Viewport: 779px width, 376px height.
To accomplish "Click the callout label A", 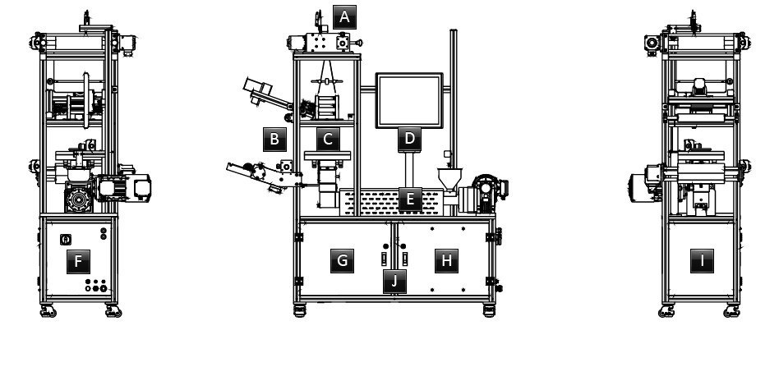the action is pyautogui.click(x=344, y=17).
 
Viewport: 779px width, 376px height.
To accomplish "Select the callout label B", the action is pyautogui.click(x=274, y=140).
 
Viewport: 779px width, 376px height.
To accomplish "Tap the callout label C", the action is pyautogui.click(x=328, y=140).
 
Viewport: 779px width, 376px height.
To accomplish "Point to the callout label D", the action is pyautogui.click(x=409, y=140).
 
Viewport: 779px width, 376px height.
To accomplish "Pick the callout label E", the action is pyautogui.click(x=410, y=199).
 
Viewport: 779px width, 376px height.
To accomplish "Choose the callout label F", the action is pyautogui.click(x=78, y=261).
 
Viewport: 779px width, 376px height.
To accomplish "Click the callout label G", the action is pyautogui.click(x=343, y=260).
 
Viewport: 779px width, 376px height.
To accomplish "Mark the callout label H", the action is pyautogui.click(x=447, y=260).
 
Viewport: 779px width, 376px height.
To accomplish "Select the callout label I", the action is pyautogui.click(x=702, y=260).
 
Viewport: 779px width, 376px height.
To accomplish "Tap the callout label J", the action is pyautogui.click(x=394, y=282).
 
